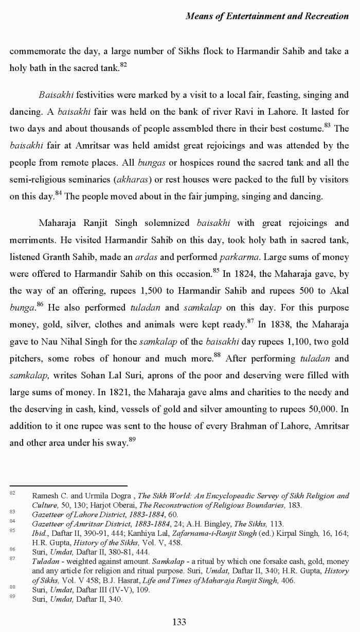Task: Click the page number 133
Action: point(179,622)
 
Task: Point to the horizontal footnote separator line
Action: point(68,485)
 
